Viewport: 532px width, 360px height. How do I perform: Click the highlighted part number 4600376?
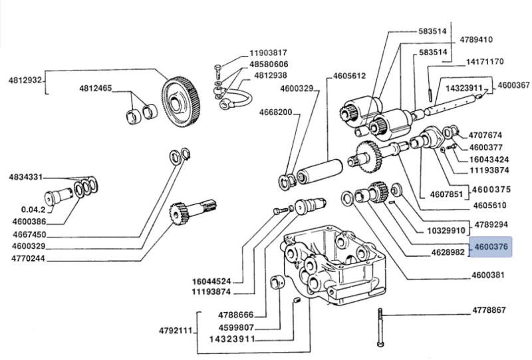click(491, 247)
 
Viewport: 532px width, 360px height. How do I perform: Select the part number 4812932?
click(25, 81)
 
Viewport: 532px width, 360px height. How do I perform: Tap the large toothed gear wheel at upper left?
click(181, 102)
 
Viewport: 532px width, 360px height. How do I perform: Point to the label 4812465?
click(95, 89)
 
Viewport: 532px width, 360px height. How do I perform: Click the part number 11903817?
click(268, 53)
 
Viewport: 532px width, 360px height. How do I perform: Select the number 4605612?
click(349, 76)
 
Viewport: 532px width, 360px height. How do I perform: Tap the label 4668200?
click(275, 112)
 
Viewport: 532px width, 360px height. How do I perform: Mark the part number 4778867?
click(489, 310)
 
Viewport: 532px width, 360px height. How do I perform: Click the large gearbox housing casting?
click(333, 265)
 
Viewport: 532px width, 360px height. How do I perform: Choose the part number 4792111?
click(176, 331)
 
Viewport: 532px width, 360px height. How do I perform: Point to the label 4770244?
click(28, 258)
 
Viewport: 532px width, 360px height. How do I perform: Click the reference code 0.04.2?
click(33, 210)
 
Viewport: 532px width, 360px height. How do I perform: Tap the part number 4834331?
click(26, 177)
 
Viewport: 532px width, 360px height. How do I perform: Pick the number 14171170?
click(485, 62)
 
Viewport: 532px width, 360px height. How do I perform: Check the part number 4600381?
click(488, 275)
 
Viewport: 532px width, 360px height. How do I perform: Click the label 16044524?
click(211, 281)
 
